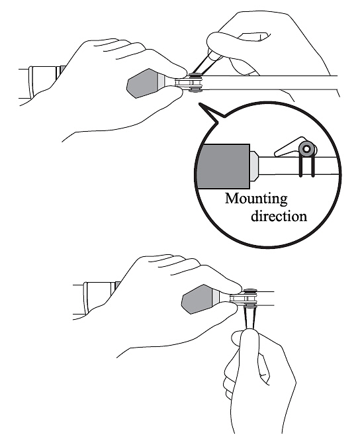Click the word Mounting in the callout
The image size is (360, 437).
coord(256,199)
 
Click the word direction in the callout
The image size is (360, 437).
coord(279,217)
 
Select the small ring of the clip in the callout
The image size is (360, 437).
coord(306,149)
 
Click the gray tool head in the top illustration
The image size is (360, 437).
coord(143,83)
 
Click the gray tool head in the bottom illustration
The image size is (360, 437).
coord(197,299)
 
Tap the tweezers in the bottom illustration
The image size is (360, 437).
coord(249,318)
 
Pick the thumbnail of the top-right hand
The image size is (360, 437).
coord(257,36)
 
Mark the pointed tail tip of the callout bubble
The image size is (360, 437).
coord(199,103)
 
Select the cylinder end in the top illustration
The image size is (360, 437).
coord(42,82)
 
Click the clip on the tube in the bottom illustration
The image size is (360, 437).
coord(250,298)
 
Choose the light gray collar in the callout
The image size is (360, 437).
coord(255,166)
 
